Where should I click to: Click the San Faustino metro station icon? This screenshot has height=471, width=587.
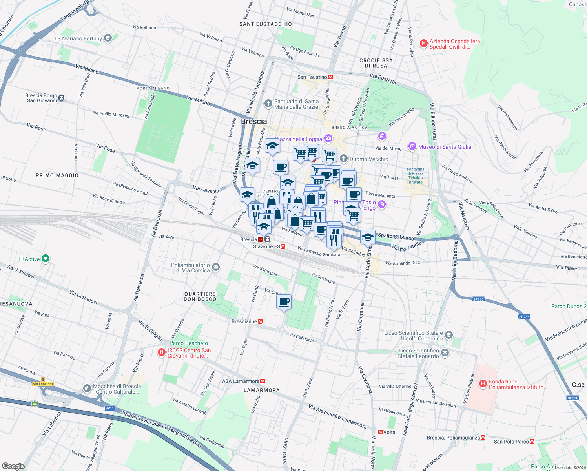[x=330, y=77]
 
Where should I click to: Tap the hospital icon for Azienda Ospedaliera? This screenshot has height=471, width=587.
[x=423, y=44]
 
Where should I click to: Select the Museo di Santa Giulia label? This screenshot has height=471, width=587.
[x=445, y=147]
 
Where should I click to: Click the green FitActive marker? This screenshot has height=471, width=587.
[x=46, y=259]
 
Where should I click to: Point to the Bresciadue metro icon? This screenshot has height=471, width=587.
[x=260, y=321]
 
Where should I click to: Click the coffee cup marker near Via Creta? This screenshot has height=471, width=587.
[x=284, y=302]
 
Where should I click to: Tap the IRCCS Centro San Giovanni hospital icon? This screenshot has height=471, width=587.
[x=161, y=352]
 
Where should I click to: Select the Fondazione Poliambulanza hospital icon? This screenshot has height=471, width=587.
[x=483, y=384]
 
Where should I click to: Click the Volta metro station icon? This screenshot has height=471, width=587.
[x=380, y=432]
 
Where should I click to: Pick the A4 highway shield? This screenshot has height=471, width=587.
[x=35, y=404]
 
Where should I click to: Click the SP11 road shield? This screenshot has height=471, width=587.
[x=109, y=408]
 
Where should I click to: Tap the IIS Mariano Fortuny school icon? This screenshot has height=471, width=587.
[x=108, y=38]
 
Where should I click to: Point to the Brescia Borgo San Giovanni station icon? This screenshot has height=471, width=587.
[x=61, y=98]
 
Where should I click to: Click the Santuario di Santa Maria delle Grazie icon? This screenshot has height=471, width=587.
[x=268, y=104]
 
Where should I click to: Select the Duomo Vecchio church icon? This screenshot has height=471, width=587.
[x=344, y=159]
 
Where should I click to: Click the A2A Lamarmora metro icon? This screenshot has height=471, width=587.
[x=263, y=381]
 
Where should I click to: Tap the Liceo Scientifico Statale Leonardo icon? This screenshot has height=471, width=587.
[x=445, y=353]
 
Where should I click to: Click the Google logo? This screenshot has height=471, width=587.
[x=13, y=466]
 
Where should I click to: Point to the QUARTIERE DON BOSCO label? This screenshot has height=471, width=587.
[x=200, y=296]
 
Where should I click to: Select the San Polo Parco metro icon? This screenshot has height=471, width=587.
[x=532, y=442]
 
